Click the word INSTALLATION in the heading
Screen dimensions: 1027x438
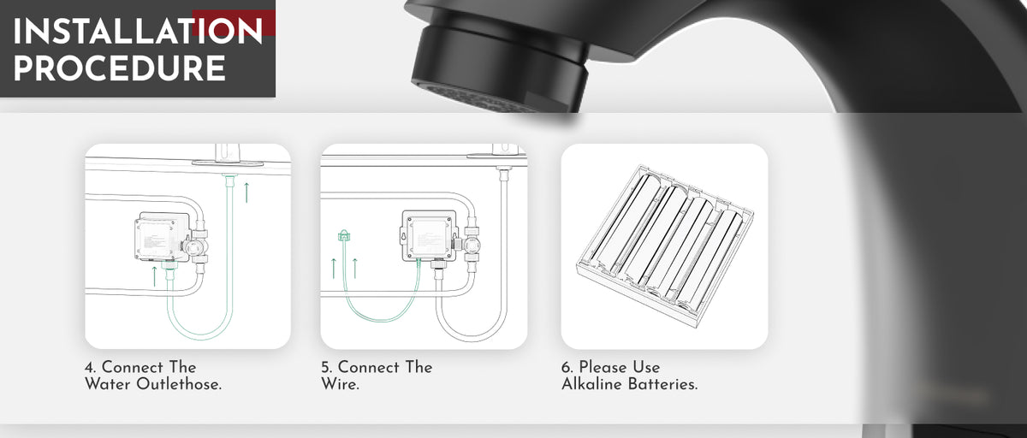138,31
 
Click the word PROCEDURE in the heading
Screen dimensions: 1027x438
120,68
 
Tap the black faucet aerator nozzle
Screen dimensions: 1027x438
500,68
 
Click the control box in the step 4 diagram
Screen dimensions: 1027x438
162,237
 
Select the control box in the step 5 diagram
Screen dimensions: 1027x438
430,236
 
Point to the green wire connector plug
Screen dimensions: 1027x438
344,235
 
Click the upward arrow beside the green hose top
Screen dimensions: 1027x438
246,192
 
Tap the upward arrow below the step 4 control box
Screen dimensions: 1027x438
155,276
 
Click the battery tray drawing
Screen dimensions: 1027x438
665,246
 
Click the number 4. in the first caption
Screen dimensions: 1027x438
91,368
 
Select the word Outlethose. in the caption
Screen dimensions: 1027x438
179,384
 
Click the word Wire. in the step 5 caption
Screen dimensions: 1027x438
341,384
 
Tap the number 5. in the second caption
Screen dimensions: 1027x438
327,368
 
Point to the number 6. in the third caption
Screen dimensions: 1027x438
567,368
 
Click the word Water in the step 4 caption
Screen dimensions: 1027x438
108,384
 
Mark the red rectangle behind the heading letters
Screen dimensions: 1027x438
234,23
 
